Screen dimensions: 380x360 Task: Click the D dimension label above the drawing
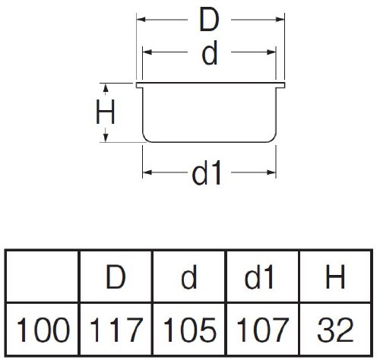point(209,20)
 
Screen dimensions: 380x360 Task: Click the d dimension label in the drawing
point(210,52)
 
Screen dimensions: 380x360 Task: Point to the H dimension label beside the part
point(106,112)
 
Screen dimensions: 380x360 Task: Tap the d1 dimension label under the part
point(207,172)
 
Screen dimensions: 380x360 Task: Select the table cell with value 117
point(116,329)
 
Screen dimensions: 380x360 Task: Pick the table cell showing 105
point(190,329)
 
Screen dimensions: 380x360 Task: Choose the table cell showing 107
point(263,329)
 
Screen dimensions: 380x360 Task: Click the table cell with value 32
point(336,329)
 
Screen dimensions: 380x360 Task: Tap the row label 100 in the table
point(43,330)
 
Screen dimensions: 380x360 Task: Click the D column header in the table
point(116,276)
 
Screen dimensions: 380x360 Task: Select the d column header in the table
point(190,276)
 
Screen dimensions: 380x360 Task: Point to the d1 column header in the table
point(263,276)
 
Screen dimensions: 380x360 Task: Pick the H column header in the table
point(336,276)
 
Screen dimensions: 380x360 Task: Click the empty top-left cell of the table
point(43,276)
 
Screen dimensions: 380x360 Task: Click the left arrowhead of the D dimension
point(141,20)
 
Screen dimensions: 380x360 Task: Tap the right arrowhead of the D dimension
point(280,20)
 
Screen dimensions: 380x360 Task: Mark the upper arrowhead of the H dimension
point(106,87)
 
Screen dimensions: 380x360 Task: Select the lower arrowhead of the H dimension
point(106,138)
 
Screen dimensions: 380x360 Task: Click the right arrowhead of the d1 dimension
point(271,172)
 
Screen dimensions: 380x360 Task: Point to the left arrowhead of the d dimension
point(147,52)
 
